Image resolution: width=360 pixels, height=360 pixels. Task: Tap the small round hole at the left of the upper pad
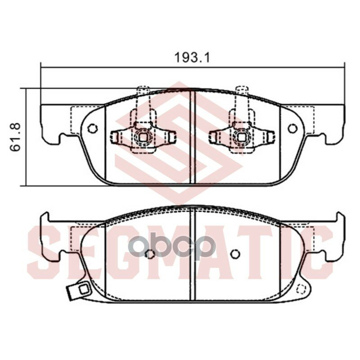click(93, 129)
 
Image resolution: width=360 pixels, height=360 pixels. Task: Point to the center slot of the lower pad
click(193, 254)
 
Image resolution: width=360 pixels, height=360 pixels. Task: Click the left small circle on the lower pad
click(151, 254)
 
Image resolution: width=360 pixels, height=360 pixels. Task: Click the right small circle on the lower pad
click(234, 254)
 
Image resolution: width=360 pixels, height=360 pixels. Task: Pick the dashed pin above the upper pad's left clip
click(143, 95)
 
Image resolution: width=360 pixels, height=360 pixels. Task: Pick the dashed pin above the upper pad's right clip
click(242, 95)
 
